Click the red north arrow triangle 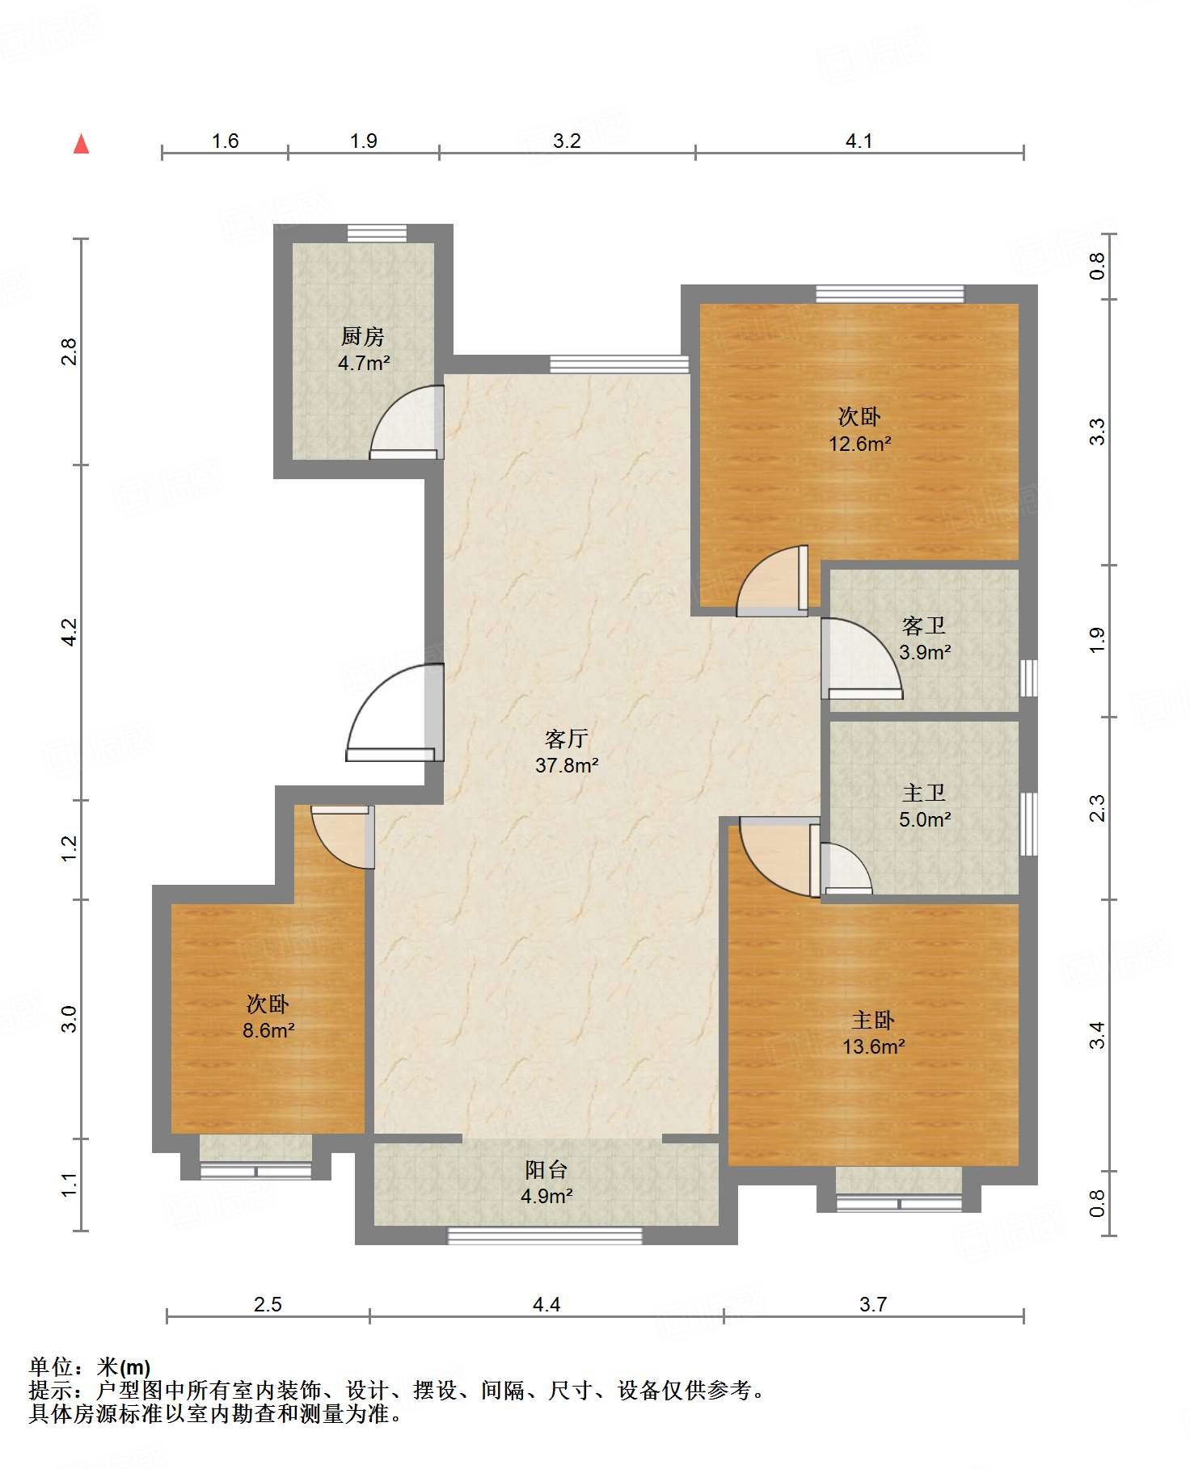[81, 144]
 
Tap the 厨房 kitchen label [363, 336]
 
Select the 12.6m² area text [859, 444]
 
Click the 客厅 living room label [566, 739]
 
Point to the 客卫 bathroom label [924, 626]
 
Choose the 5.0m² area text [925, 819]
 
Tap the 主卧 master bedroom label [873, 1021]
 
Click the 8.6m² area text [268, 1030]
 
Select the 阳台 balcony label [546, 1169]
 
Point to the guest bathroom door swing [862, 658]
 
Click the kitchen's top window [377, 233]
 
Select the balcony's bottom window [545, 1235]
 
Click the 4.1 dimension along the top [859, 141]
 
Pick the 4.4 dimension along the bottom [546, 1304]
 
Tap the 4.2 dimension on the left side [70, 632]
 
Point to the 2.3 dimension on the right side [1097, 808]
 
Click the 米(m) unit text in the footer [124, 1367]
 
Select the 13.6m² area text [873, 1046]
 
